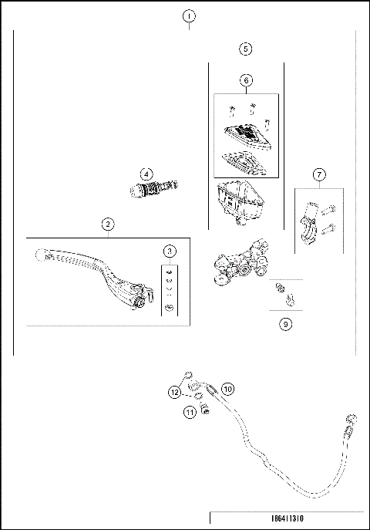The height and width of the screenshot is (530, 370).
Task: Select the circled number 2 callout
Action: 109,224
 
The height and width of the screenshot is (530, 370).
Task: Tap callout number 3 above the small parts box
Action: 170,251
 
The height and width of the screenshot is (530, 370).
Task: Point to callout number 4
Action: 146,174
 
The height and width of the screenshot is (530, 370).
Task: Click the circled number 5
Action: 245,49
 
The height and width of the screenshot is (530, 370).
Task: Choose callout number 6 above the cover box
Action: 245,80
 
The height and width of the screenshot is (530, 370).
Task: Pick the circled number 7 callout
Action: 319,174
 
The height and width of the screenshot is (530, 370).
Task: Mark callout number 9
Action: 285,324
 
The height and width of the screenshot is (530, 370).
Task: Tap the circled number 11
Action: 190,413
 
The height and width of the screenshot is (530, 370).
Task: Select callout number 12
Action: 175,392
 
